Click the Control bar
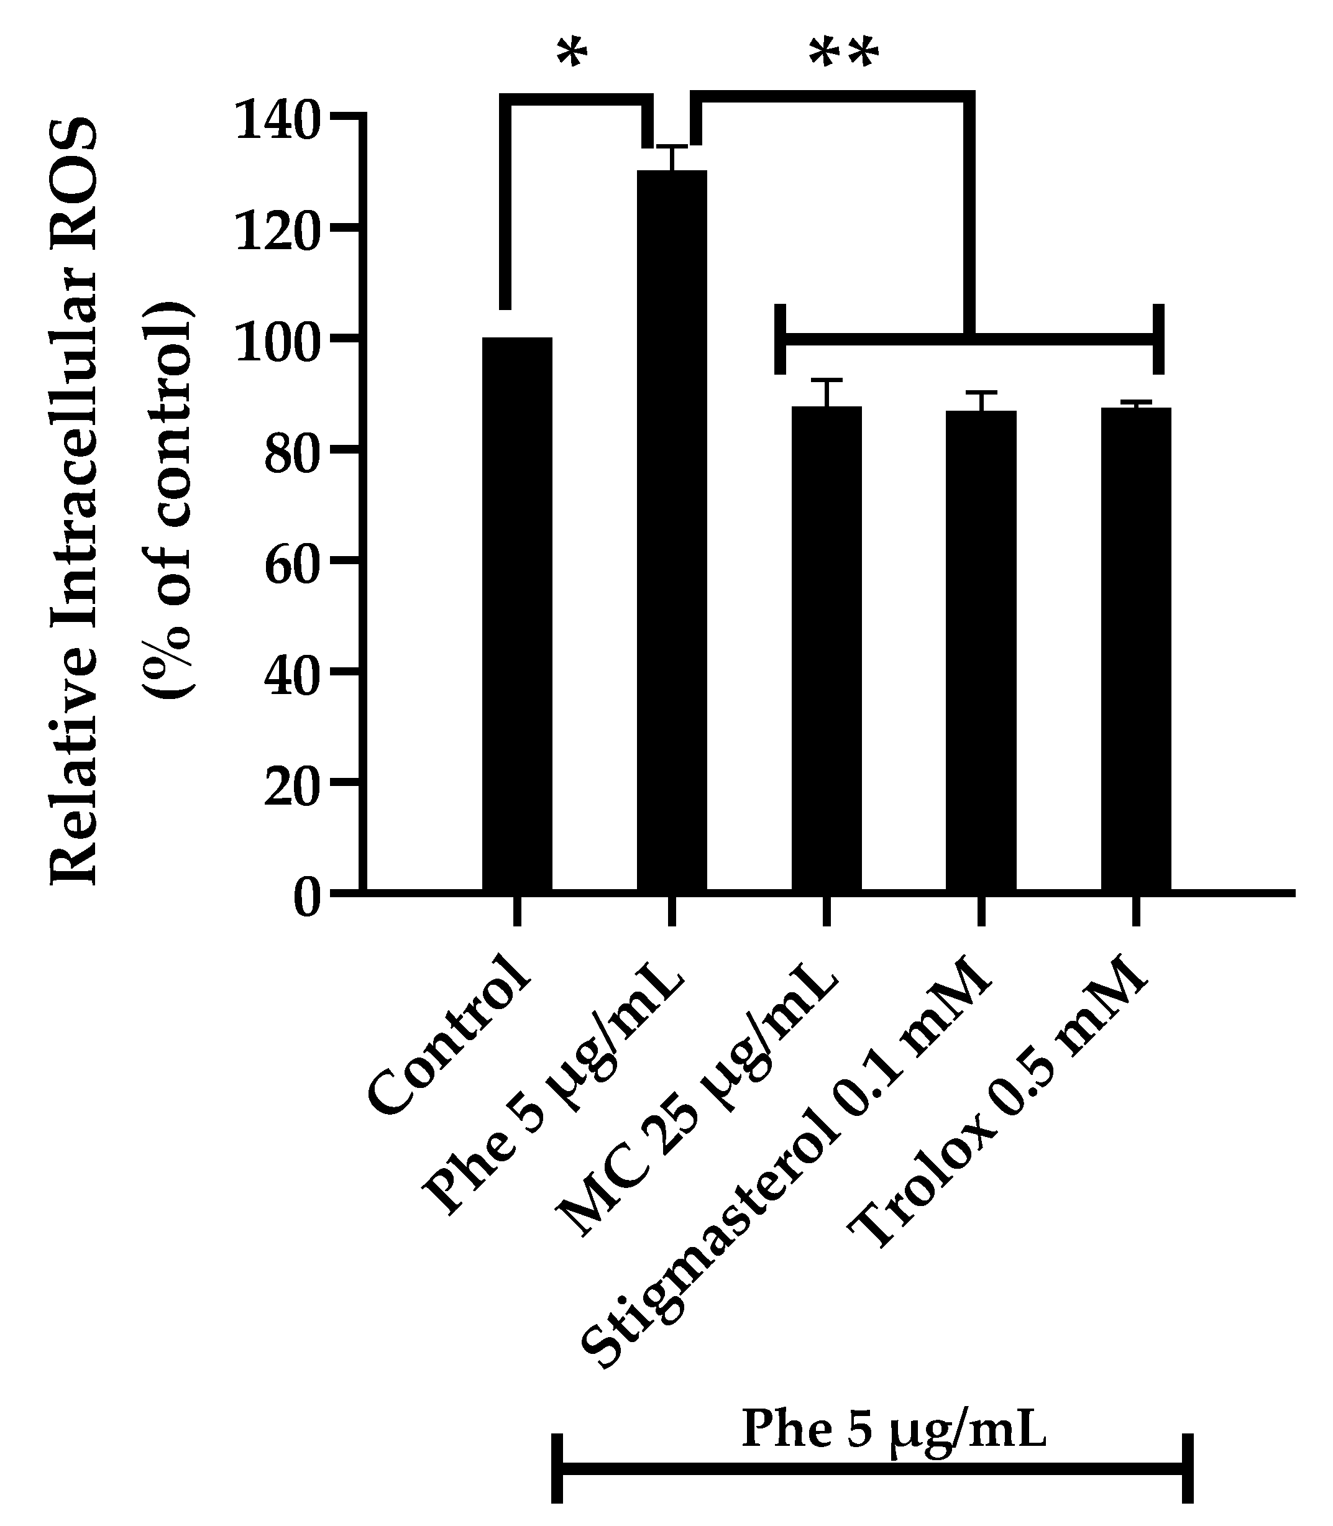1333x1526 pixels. tap(517, 613)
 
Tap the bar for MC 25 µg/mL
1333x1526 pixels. tap(827, 647)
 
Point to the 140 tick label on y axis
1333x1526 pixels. tap(277, 121)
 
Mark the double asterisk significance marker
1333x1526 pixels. tap(843, 57)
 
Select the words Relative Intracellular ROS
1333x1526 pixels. tap(75, 502)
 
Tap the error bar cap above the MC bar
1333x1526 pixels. tap(827, 381)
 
